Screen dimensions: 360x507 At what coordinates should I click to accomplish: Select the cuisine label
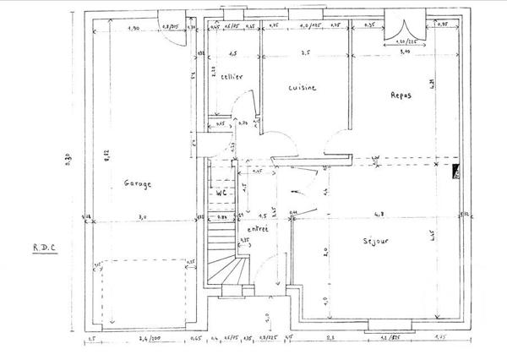tap(302, 87)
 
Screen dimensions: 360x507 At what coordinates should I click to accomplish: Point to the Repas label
tap(401, 95)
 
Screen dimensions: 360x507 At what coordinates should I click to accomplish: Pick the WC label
tap(222, 193)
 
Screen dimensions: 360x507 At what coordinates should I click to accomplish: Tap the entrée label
tap(258, 228)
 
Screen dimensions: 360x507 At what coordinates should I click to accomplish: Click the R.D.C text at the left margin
tap(44, 247)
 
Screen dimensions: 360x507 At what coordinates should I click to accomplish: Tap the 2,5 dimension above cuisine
tap(306, 52)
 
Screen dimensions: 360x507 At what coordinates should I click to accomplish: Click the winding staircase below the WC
tap(226, 254)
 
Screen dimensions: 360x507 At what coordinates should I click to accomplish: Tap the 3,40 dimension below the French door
tap(404, 51)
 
